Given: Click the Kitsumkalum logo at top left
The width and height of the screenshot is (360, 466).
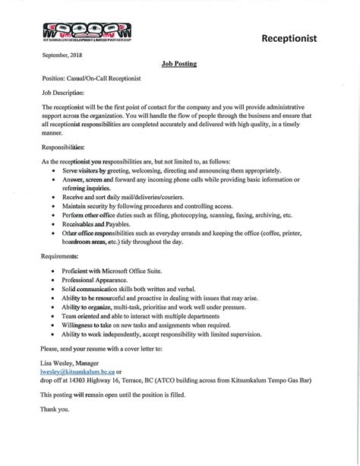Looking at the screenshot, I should pyautogui.click(x=76, y=33).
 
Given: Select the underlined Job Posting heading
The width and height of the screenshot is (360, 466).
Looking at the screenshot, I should pyautogui.click(x=179, y=65).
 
